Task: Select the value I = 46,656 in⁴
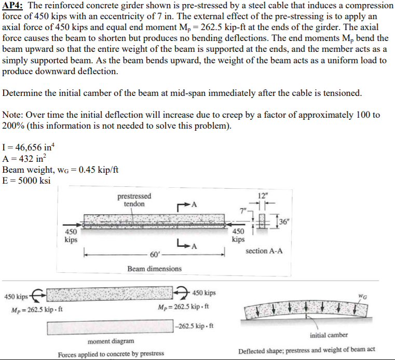click(25, 148)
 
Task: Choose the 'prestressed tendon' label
click(134, 200)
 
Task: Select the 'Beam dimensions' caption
click(155, 269)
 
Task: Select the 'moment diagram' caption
click(111, 341)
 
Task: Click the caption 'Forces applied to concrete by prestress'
click(111, 354)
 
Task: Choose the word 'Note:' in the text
click(12, 115)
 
